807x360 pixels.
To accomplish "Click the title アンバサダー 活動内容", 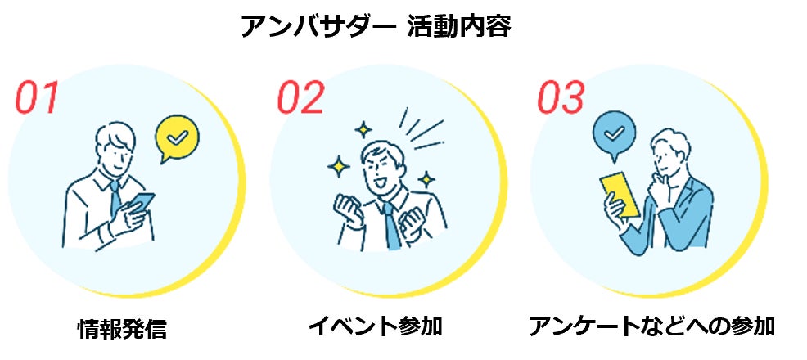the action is pos(376,26).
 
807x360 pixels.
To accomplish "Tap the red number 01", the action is pos(38,97).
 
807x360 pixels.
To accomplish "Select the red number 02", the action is pos(300,97).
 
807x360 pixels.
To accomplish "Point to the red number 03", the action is pos(561,97).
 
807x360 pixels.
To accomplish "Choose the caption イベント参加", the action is pos(376,326).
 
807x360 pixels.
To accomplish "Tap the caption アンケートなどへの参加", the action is pos(651,326).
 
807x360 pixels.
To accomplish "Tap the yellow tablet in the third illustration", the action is pos(620,193).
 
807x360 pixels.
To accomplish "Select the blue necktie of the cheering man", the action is pos(392,227).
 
